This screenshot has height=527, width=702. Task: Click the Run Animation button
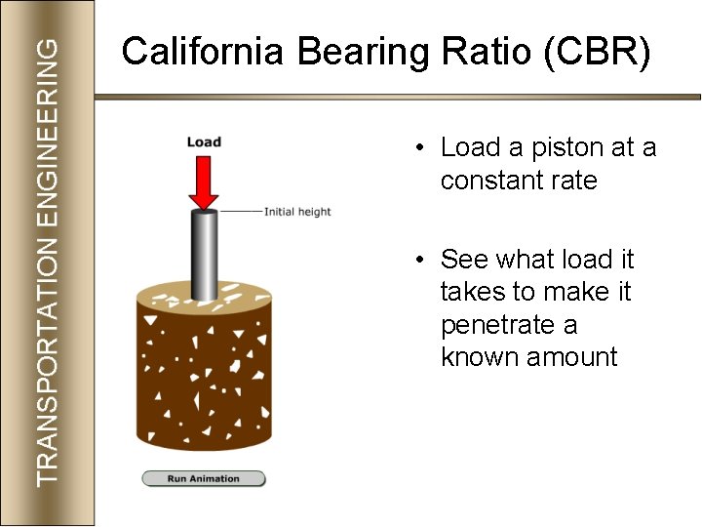pos(204,478)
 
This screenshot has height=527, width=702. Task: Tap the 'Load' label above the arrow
pos(204,142)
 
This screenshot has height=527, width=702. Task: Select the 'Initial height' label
pos(297,212)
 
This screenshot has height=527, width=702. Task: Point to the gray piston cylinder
pos(204,254)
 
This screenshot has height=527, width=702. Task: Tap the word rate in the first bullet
pos(575,181)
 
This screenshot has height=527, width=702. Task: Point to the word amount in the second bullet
pos(572,357)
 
